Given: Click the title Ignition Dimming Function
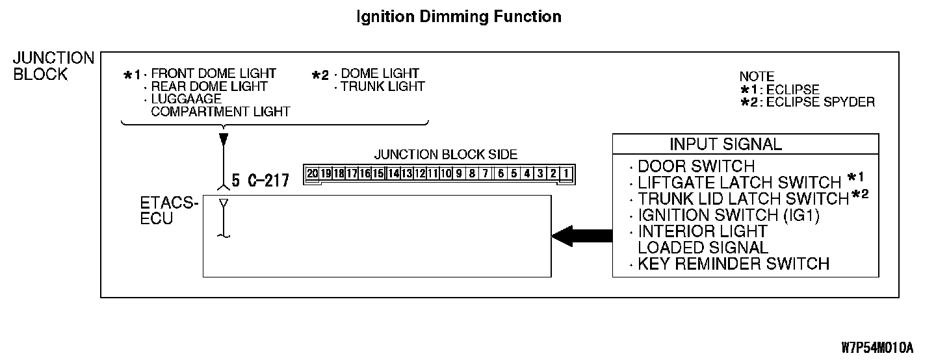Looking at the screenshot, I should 459,17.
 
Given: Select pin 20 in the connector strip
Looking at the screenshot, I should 313,174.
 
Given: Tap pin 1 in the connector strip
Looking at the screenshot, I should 567,174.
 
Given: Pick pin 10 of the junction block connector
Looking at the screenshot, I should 446,174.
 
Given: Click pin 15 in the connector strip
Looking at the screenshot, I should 378,174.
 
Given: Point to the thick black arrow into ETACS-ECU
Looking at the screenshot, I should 581,237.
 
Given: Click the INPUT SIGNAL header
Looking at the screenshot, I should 725,144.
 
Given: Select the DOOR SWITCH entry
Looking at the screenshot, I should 696,166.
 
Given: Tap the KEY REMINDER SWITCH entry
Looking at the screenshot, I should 733,263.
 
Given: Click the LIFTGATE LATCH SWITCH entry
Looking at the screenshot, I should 740,183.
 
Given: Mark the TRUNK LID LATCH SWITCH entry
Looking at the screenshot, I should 744,199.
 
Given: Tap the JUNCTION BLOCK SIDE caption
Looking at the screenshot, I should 445,155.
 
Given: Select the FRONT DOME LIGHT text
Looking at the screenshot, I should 213,73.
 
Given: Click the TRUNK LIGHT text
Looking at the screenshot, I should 383,86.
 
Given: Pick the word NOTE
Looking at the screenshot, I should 757,77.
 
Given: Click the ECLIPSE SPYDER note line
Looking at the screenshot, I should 820,102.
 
